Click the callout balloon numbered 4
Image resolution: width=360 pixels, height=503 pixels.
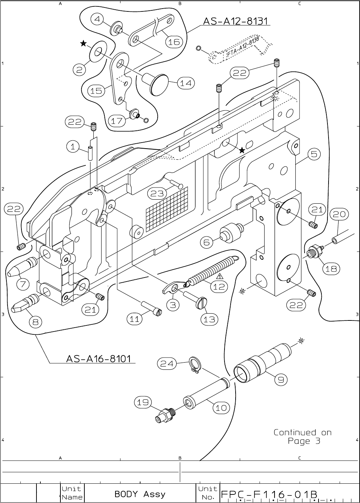pyautogui.click(x=97, y=19)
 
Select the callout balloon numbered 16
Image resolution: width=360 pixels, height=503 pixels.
pyautogui.click(x=174, y=42)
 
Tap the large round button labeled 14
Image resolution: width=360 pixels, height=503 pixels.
pyautogui.click(x=159, y=84)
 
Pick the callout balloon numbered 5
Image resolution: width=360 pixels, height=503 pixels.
pyautogui.click(x=313, y=154)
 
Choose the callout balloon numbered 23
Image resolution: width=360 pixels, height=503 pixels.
pyautogui.click(x=157, y=194)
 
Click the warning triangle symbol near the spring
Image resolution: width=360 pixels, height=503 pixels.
pyautogui.click(x=219, y=276)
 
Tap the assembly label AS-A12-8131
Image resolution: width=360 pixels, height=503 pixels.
pyautogui.click(x=236, y=21)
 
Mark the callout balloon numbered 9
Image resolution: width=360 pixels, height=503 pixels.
pyautogui.click(x=281, y=380)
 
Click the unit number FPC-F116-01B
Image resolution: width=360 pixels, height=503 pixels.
pyautogui.click(x=269, y=494)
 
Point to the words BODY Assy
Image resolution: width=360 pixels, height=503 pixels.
pyautogui.click(x=140, y=494)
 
